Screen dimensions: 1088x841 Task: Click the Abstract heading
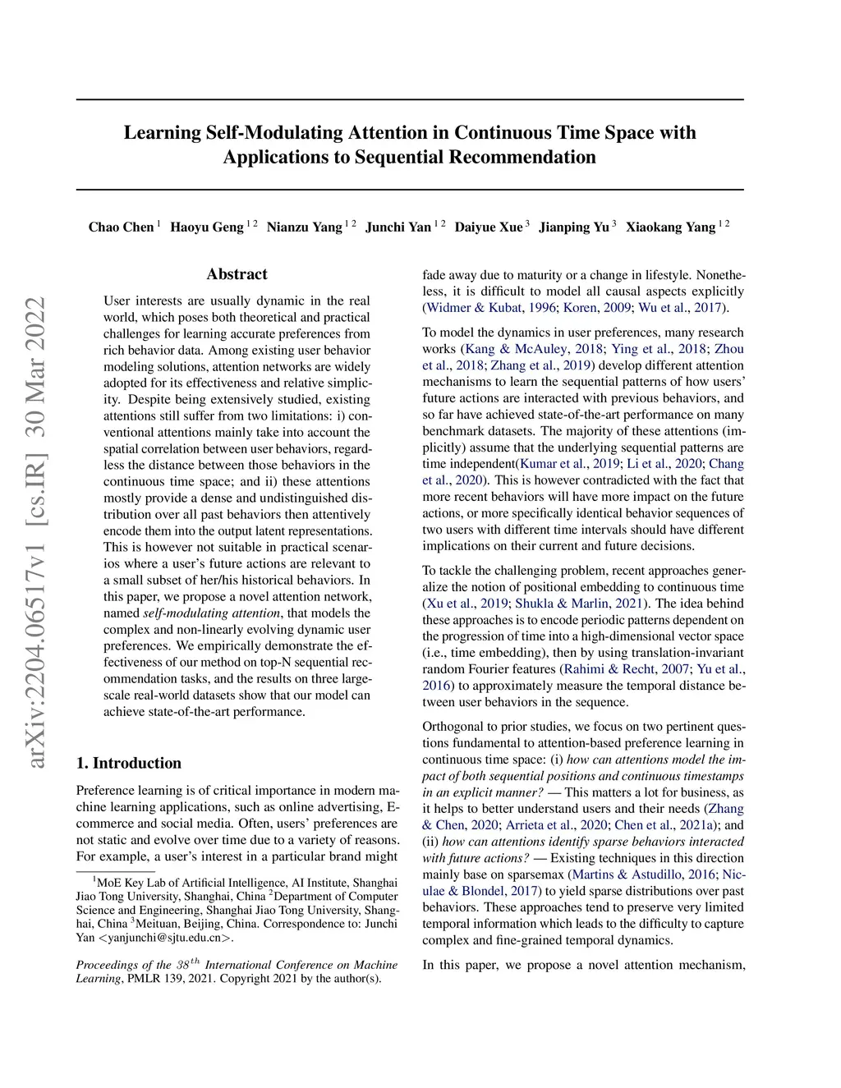[x=237, y=274]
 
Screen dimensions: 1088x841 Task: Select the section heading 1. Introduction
[x=128, y=763]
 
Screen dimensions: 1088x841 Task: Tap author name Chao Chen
[x=121, y=227]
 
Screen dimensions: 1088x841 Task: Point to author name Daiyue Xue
[x=488, y=227]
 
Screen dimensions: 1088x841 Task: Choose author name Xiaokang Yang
[x=670, y=227]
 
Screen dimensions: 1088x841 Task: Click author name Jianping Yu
[x=573, y=227]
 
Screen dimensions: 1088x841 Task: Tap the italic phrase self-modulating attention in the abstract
[x=212, y=613]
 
